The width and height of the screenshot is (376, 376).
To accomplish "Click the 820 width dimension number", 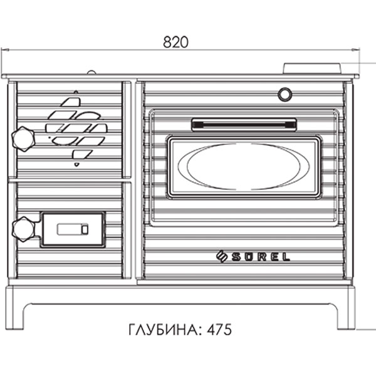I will [x=176, y=43].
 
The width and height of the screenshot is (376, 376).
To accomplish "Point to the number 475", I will [x=220, y=329].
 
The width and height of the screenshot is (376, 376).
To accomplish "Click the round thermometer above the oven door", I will [x=285, y=95].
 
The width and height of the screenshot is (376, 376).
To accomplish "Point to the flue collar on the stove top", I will [x=312, y=68].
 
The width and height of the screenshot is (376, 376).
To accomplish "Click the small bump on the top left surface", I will [x=91, y=72].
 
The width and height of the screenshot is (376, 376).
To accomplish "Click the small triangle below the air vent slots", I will [x=76, y=164].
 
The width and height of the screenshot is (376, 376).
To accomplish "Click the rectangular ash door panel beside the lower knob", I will [x=73, y=229].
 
